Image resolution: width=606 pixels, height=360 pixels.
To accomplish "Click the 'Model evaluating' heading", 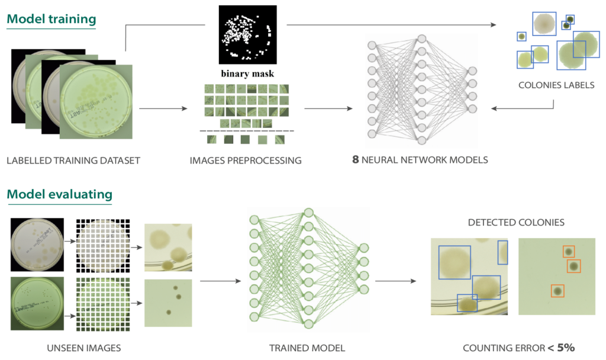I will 59,194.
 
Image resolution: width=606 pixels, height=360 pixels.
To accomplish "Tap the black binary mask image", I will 247,34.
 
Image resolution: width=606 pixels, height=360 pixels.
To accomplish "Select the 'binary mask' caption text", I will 247,74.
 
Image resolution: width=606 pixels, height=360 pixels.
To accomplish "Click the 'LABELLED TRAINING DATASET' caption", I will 73,160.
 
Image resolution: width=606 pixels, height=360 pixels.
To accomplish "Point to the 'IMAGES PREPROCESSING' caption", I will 246,160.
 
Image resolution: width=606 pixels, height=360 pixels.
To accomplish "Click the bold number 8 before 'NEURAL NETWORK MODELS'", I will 356,160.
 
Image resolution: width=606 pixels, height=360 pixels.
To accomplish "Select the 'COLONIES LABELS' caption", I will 556,85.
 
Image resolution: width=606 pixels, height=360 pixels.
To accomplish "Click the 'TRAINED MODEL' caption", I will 307,348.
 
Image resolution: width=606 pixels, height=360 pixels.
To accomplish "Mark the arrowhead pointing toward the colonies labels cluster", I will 494,25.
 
